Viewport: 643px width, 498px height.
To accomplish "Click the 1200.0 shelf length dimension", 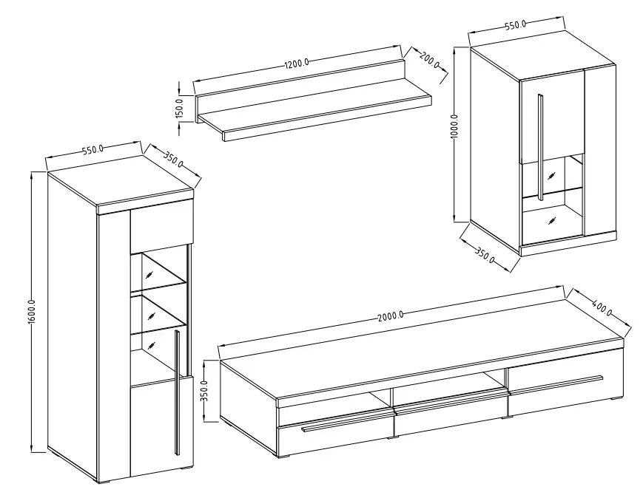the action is pyautogui.click(x=297, y=64).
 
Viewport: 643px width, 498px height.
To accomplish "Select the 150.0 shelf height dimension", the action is pyautogui.click(x=179, y=108).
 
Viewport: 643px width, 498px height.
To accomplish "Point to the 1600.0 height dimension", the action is pyautogui.click(x=32, y=311).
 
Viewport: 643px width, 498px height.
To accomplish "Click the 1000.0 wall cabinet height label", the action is pyautogui.click(x=454, y=127).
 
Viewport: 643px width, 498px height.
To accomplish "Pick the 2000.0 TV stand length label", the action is pyautogui.click(x=391, y=315).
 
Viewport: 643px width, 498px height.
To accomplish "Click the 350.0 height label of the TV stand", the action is pyautogui.click(x=205, y=391).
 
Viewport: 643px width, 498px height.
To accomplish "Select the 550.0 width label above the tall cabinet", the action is pyautogui.click(x=93, y=149).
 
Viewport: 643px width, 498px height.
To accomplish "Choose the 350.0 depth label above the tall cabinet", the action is pyautogui.click(x=173, y=160).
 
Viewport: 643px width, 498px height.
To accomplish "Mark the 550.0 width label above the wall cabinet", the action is pyautogui.click(x=516, y=25).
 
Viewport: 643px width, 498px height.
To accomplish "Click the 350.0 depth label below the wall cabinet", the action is pyautogui.click(x=485, y=255).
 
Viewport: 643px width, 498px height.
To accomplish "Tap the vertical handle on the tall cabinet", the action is pyautogui.click(x=177, y=392).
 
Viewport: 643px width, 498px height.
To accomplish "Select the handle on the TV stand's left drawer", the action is pyautogui.click(x=347, y=422).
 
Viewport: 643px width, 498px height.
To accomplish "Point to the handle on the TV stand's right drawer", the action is pyautogui.click(x=556, y=384).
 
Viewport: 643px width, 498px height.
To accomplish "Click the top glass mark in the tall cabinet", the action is pyautogui.click(x=150, y=274).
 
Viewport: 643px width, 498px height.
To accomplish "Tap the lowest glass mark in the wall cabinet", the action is pyautogui.click(x=552, y=221).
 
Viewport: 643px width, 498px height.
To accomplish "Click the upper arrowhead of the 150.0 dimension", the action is pyautogui.click(x=179, y=91).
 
